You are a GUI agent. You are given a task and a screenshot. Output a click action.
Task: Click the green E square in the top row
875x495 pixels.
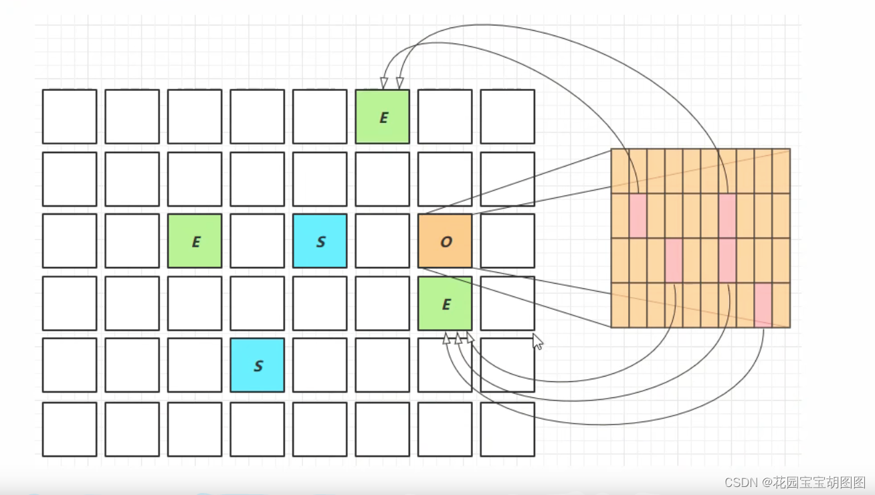(382, 116)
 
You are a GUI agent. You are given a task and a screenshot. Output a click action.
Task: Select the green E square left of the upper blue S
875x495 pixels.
(195, 241)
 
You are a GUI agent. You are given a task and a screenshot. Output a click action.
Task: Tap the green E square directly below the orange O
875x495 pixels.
(445, 303)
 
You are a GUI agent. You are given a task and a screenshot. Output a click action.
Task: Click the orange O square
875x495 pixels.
(445, 241)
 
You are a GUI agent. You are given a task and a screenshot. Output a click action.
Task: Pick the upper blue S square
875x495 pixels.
(320, 241)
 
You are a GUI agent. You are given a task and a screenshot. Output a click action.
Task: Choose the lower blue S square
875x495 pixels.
(257, 365)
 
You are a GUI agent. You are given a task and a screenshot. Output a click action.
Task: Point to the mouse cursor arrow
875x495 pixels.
(537, 340)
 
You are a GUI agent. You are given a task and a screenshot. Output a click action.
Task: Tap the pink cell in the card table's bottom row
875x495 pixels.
(763, 305)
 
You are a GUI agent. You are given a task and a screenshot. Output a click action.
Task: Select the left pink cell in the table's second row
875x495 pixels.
(638, 215)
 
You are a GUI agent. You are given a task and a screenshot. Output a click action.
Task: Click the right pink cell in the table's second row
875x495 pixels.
(727, 215)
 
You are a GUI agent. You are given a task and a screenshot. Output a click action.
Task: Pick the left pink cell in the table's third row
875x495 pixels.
(674, 260)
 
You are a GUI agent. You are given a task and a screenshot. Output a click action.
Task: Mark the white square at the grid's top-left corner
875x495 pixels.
(70, 116)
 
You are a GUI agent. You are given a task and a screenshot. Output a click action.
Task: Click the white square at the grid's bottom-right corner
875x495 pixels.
(507, 429)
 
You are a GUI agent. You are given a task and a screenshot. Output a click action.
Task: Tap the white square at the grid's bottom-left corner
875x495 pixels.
(70, 429)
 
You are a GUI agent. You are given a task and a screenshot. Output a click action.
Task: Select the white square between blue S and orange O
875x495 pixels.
(382, 241)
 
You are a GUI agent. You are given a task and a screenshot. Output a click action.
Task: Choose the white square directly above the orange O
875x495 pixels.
(445, 179)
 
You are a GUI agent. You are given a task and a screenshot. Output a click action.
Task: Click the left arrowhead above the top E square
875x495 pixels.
(384, 83)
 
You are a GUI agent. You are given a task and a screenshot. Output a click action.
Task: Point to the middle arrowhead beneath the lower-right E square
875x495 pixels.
(458, 338)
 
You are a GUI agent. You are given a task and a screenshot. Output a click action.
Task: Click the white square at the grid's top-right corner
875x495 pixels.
(507, 116)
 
